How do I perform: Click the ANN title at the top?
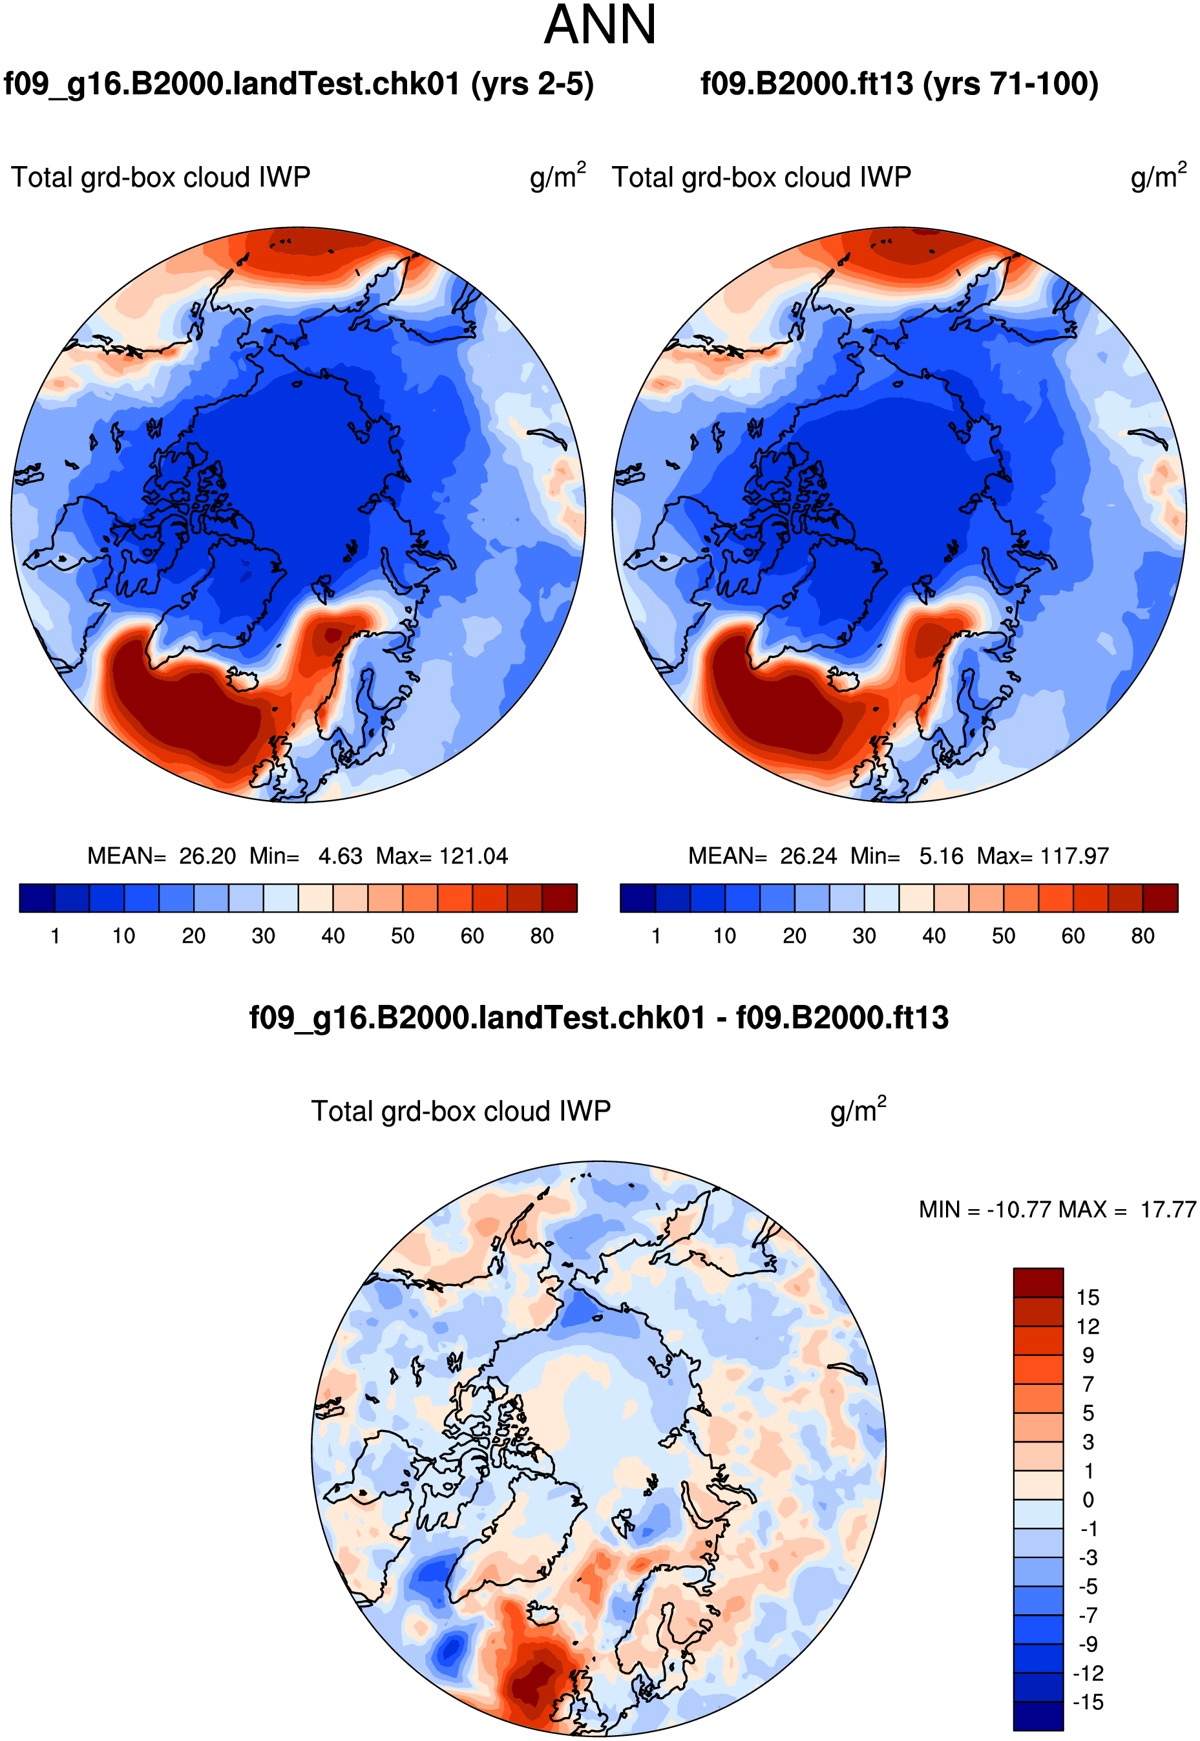[x=599, y=25]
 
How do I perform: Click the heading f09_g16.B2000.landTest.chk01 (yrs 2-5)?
[x=299, y=83]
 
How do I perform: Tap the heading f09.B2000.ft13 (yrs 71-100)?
[x=900, y=83]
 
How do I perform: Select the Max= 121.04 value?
[x=442, y=856]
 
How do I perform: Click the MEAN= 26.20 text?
[x=162, y=856]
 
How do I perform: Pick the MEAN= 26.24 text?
[x=763, y=856]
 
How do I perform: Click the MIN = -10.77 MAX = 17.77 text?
[x=1057, y=1210]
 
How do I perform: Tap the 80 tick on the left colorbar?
[x=542, y=936]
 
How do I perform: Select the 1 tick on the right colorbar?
[x=657, y=936]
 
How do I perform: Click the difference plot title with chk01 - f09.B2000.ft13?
[x=599, y=1018]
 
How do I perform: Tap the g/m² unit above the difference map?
[x=858, y=1110]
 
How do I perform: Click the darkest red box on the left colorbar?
[x=560, y=898]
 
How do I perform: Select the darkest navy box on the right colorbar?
[x=638, y=898]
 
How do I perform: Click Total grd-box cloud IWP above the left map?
[x=160, y=178]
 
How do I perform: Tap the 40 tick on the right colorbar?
[x=934, y=936]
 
